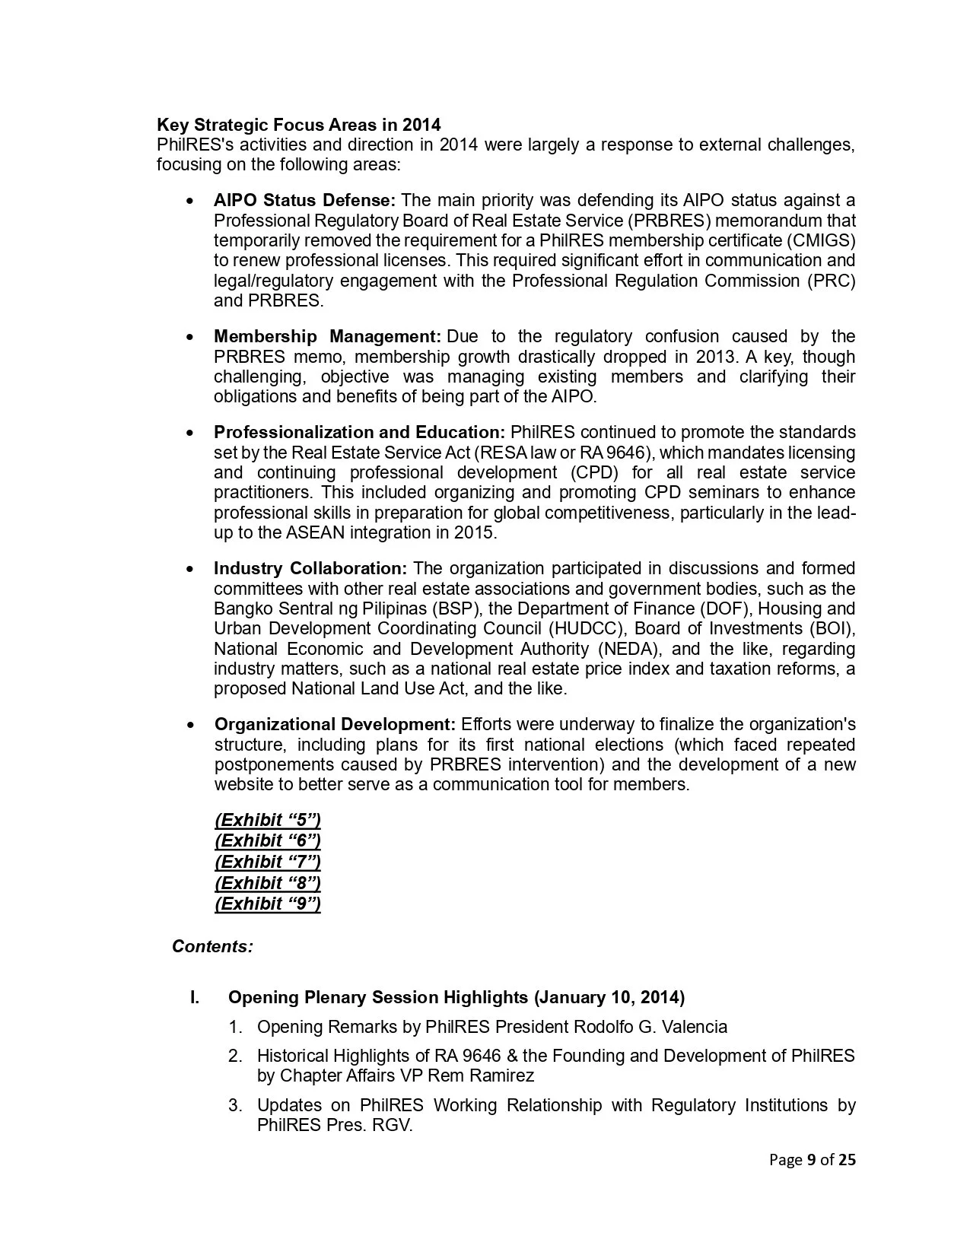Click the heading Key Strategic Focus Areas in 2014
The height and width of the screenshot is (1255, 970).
tap(298, 125)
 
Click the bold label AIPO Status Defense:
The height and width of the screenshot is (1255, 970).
tap(304, 201)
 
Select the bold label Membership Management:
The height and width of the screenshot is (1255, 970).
tap(327, 337)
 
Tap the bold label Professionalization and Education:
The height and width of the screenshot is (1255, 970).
tap(359, 433)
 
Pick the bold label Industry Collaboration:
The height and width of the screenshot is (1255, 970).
tap(310, 569)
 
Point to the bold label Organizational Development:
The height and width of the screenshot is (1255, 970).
tap(335, 725)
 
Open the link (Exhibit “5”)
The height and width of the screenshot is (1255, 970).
tap(268, 821)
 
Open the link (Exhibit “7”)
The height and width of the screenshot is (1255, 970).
tap(268, 863)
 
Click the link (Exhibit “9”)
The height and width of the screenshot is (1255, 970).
tap(268, 904)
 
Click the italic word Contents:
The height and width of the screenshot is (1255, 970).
tap(212, 947)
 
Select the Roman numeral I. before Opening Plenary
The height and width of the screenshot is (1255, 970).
tap(195, 998)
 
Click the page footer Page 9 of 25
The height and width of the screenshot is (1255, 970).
tap(812, 1160)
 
